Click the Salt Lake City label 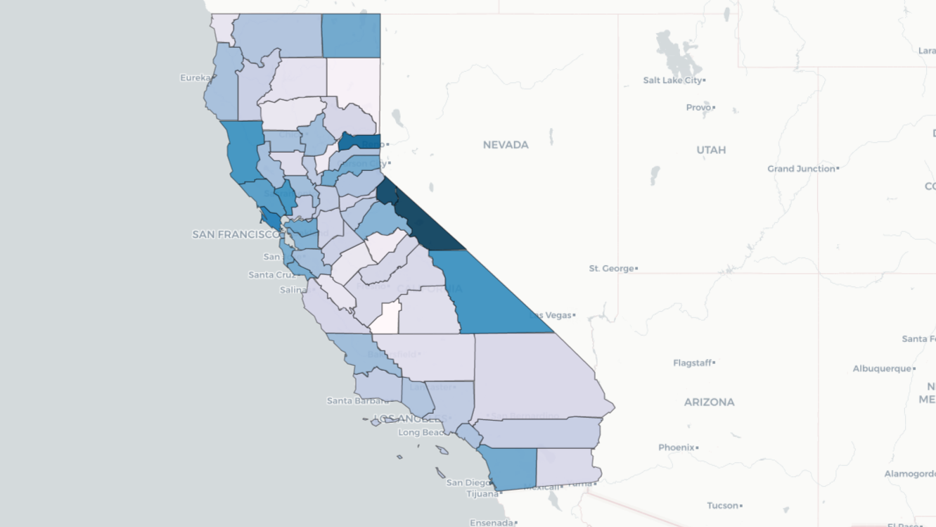672,80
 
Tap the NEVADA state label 506,145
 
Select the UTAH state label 712,150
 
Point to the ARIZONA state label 709,402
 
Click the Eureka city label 195,77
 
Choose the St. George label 611,268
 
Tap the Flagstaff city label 692,363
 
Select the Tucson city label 723,505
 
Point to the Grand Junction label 800,169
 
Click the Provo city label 698,108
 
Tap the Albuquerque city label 882,369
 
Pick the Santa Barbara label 357,401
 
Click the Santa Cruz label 271,274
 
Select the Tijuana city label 482,494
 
